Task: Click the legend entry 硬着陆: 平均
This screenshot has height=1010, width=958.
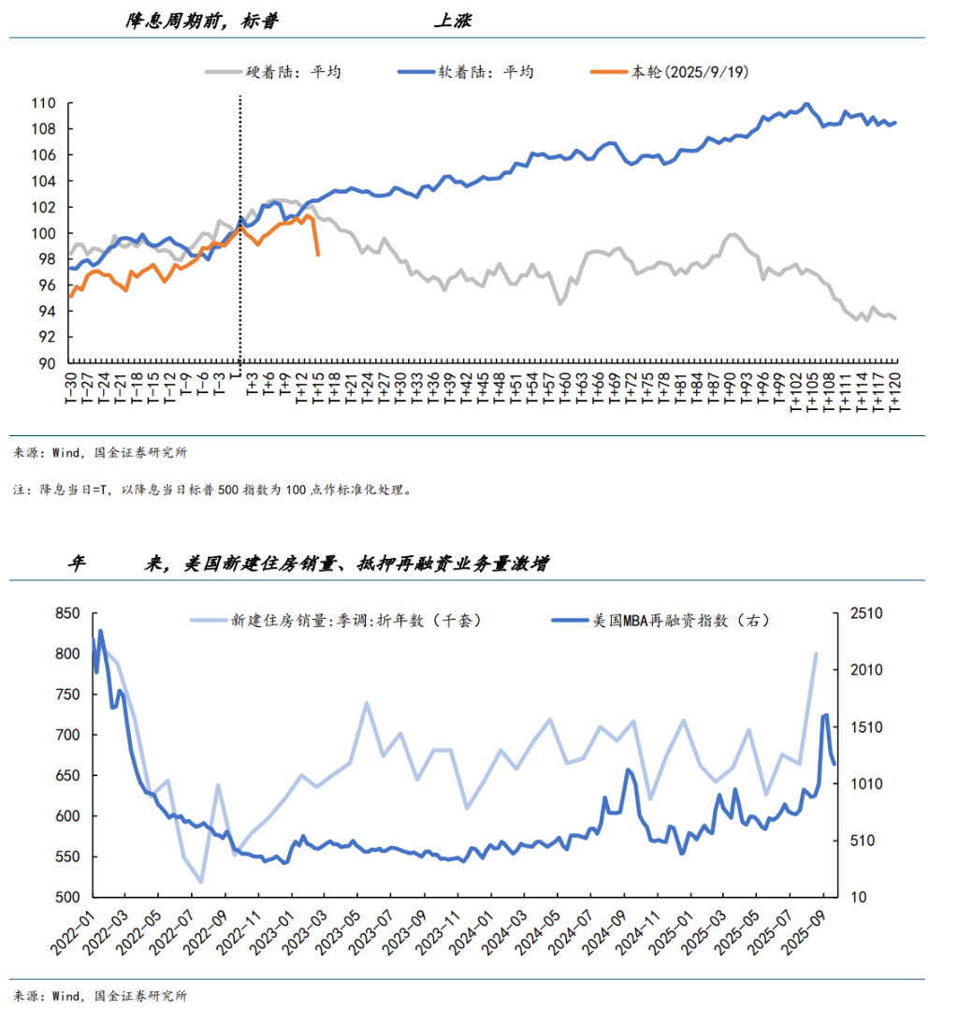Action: coord(280,72)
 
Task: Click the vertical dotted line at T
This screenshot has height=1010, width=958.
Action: coord(240,281)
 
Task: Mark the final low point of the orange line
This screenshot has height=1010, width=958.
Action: coord(318,255)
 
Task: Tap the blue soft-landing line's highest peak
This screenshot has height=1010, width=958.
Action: coord(806,104)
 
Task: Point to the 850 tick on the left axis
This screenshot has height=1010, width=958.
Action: coord(67,613)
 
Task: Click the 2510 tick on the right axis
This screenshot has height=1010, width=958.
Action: coord(864,613)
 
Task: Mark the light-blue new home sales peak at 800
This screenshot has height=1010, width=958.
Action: coord(816,653)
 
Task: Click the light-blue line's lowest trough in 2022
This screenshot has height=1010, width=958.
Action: coord(201,882)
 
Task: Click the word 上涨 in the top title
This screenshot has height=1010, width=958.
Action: coord(457,22)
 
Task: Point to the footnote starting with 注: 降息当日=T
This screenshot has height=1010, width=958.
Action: coord(210,489)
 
